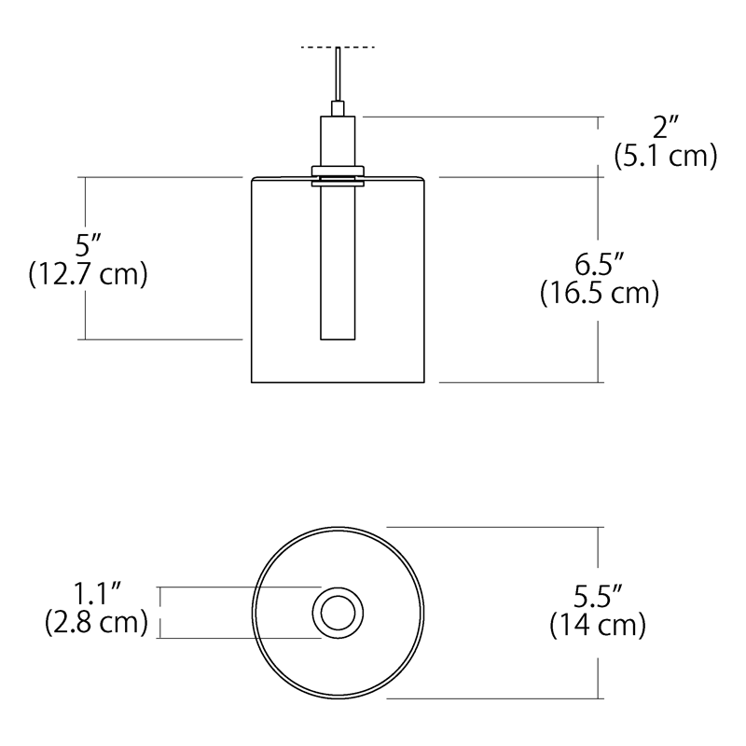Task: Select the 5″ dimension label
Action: (x=88, y=246)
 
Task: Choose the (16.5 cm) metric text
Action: (x=600, y=293)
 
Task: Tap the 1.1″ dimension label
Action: (x=97, y=594)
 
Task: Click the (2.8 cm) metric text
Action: (x=97, y=622)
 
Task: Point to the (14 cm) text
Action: (x=598, y=625)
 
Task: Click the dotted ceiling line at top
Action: (x=338, y=47)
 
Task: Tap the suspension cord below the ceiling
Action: (x=338, y=79)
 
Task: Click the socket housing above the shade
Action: (x=338, y=140)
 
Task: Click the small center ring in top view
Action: (x=338, y=613)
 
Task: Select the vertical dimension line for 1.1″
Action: (x=160, y=613)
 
